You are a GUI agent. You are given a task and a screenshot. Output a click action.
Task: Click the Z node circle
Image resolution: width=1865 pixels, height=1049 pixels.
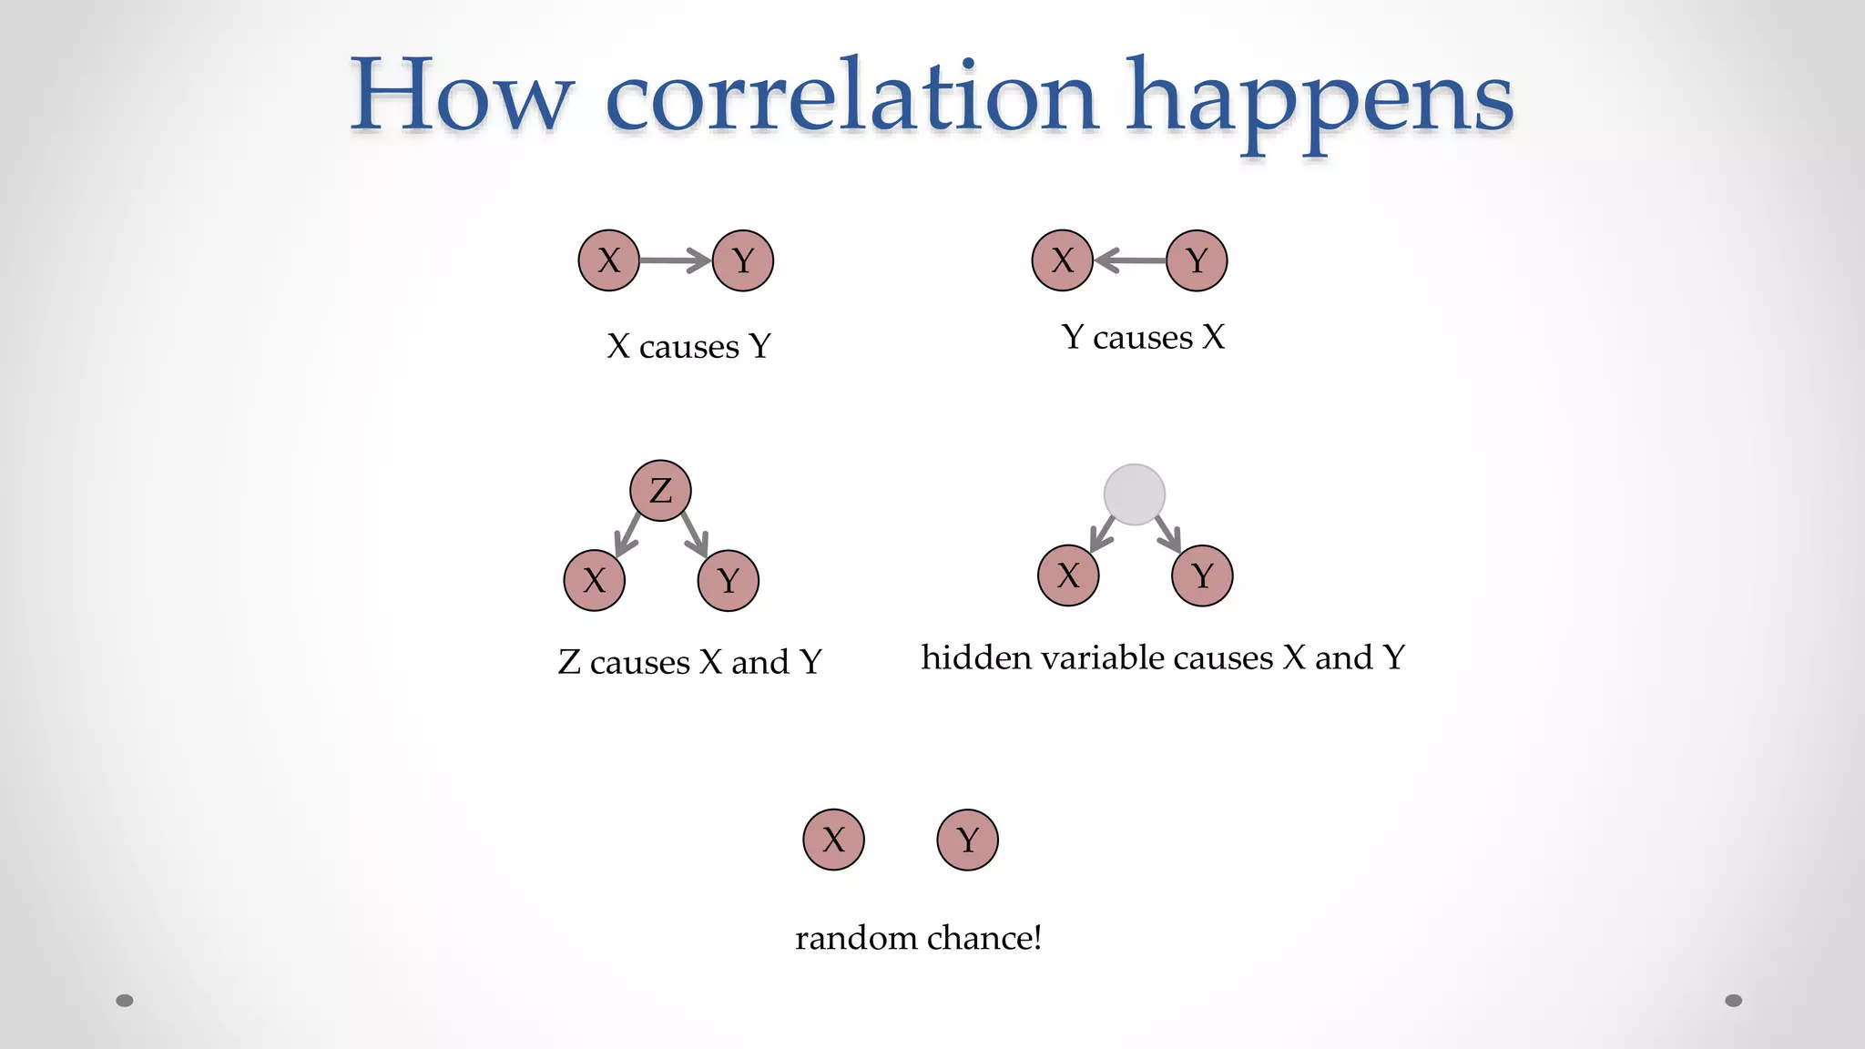point(660,491)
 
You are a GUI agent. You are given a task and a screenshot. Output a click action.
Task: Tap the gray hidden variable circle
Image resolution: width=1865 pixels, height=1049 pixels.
point(1134,494)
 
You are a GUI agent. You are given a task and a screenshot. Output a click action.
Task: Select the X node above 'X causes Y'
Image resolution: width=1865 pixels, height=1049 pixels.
point(608,260)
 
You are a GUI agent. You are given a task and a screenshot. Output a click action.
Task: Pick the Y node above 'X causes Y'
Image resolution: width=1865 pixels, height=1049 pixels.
point(743,260)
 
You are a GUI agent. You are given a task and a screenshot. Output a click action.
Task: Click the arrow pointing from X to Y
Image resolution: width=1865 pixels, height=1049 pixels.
point(675,260)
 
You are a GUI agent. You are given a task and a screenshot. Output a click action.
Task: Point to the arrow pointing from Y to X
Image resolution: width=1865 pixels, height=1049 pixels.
point(1129,260)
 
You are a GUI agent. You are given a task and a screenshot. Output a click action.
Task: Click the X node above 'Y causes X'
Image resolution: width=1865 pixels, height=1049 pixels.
point(1062,260)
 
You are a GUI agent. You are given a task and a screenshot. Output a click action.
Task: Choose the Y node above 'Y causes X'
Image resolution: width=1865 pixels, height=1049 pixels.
point(1197,260)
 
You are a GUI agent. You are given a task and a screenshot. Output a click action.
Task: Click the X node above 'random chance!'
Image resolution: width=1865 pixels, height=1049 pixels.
point(833,840)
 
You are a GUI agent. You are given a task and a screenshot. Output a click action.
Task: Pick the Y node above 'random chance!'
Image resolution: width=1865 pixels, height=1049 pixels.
point(967,840)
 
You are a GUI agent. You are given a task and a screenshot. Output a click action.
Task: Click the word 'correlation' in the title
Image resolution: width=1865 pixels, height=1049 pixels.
point(851,97)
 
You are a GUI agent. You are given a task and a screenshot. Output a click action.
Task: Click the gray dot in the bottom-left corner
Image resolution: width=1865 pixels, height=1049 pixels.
point(125,1001)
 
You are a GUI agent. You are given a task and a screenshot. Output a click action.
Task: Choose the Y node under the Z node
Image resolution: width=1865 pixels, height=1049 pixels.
point(728,580)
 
